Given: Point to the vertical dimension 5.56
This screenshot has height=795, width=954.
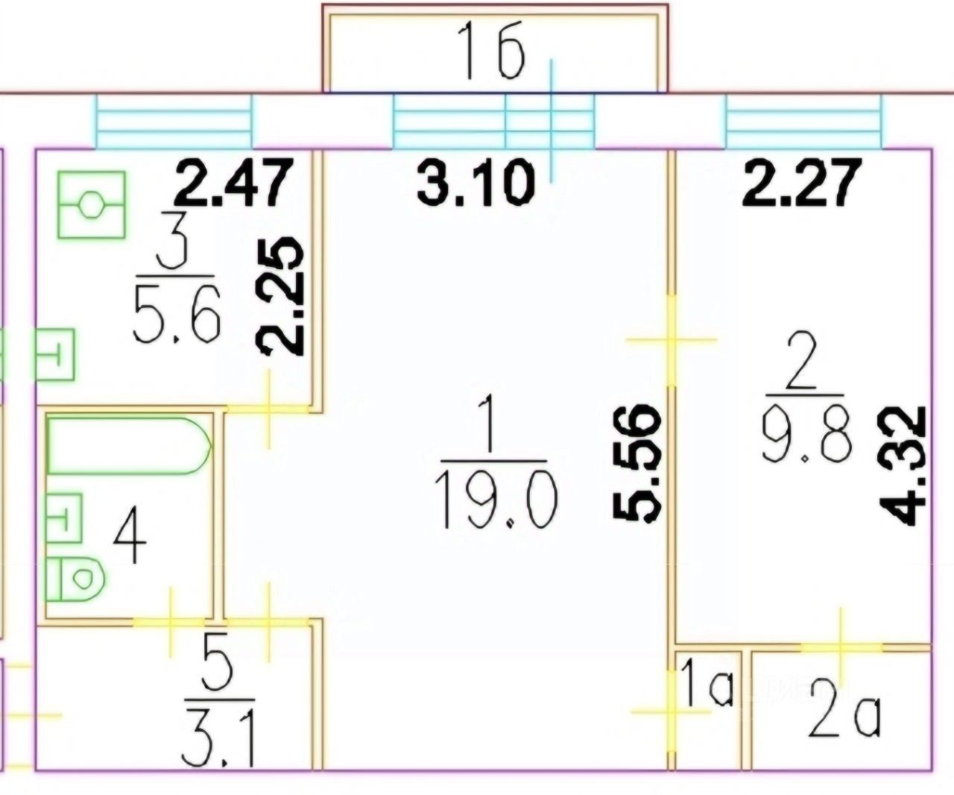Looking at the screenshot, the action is [x=637, y=462].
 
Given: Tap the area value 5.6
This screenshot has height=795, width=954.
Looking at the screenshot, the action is [x=177, y=313].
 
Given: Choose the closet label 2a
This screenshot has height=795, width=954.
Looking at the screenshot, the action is [x=844, y=715].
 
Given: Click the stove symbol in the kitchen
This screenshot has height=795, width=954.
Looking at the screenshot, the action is [x=91, y=204].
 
